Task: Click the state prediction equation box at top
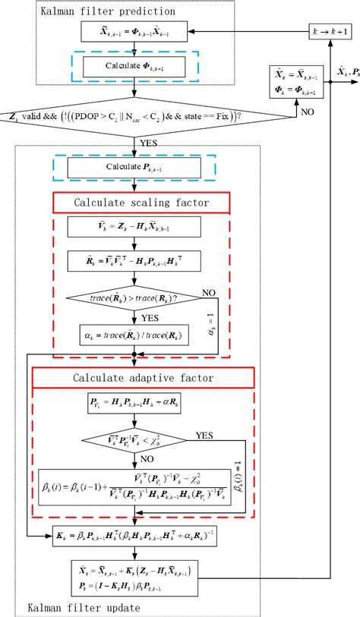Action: point(134,33)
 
